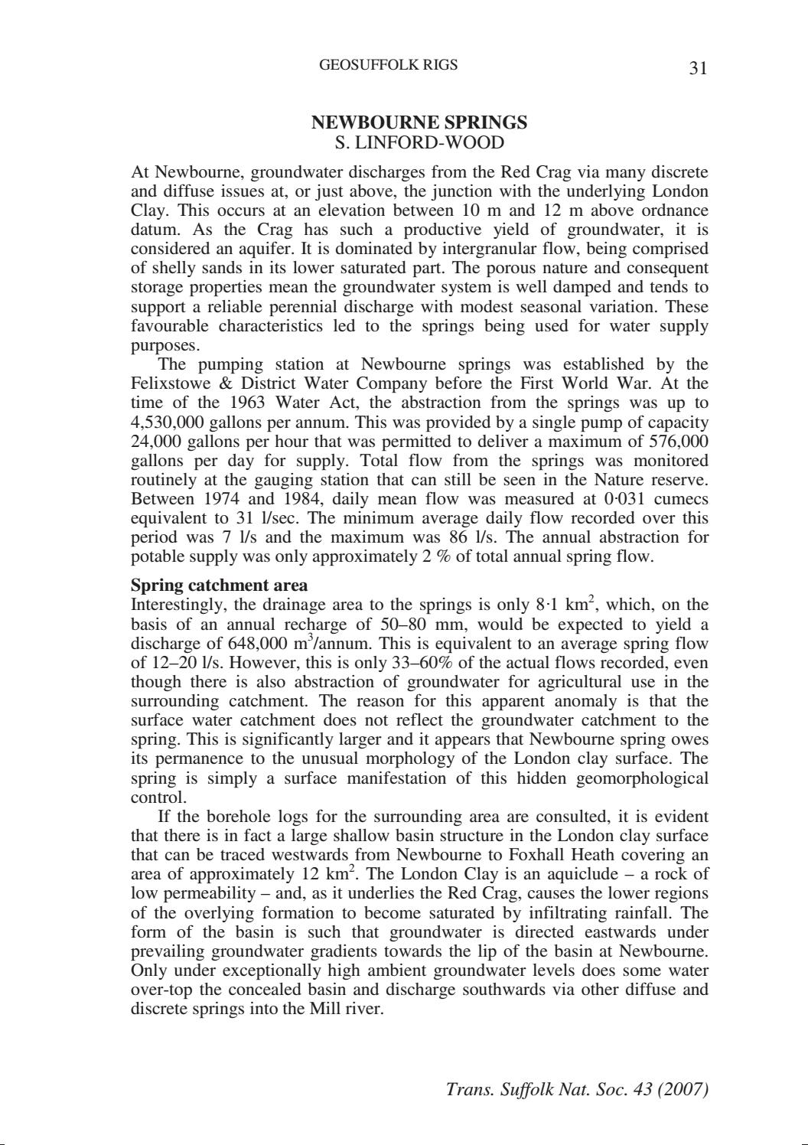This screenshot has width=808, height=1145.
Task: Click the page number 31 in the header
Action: (x=698, y=69)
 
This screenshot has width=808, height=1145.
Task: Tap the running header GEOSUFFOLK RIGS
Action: (x=388, y=65)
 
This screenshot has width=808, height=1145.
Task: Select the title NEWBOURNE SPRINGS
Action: (x=419, y=122)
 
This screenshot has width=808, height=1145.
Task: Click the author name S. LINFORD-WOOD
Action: (x=419, y=142)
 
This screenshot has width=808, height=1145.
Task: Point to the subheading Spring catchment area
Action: (x=220, y=586)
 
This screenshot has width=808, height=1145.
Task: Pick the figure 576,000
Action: (x=678, y=442)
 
